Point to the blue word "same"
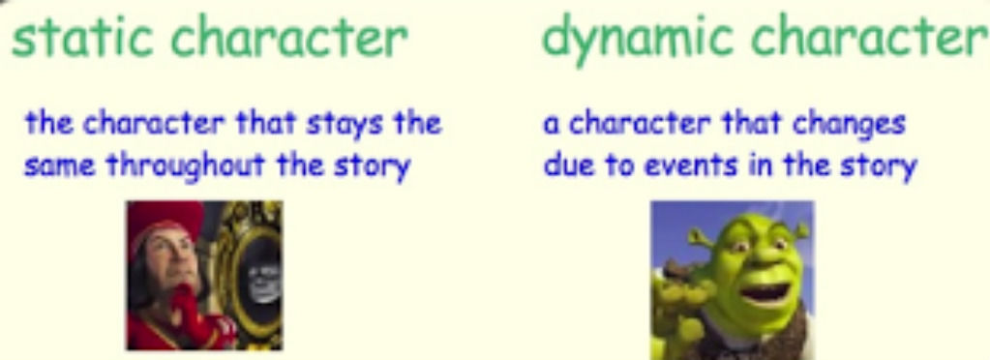(x=60, y=166)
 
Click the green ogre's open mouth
(x=765, y=293)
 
